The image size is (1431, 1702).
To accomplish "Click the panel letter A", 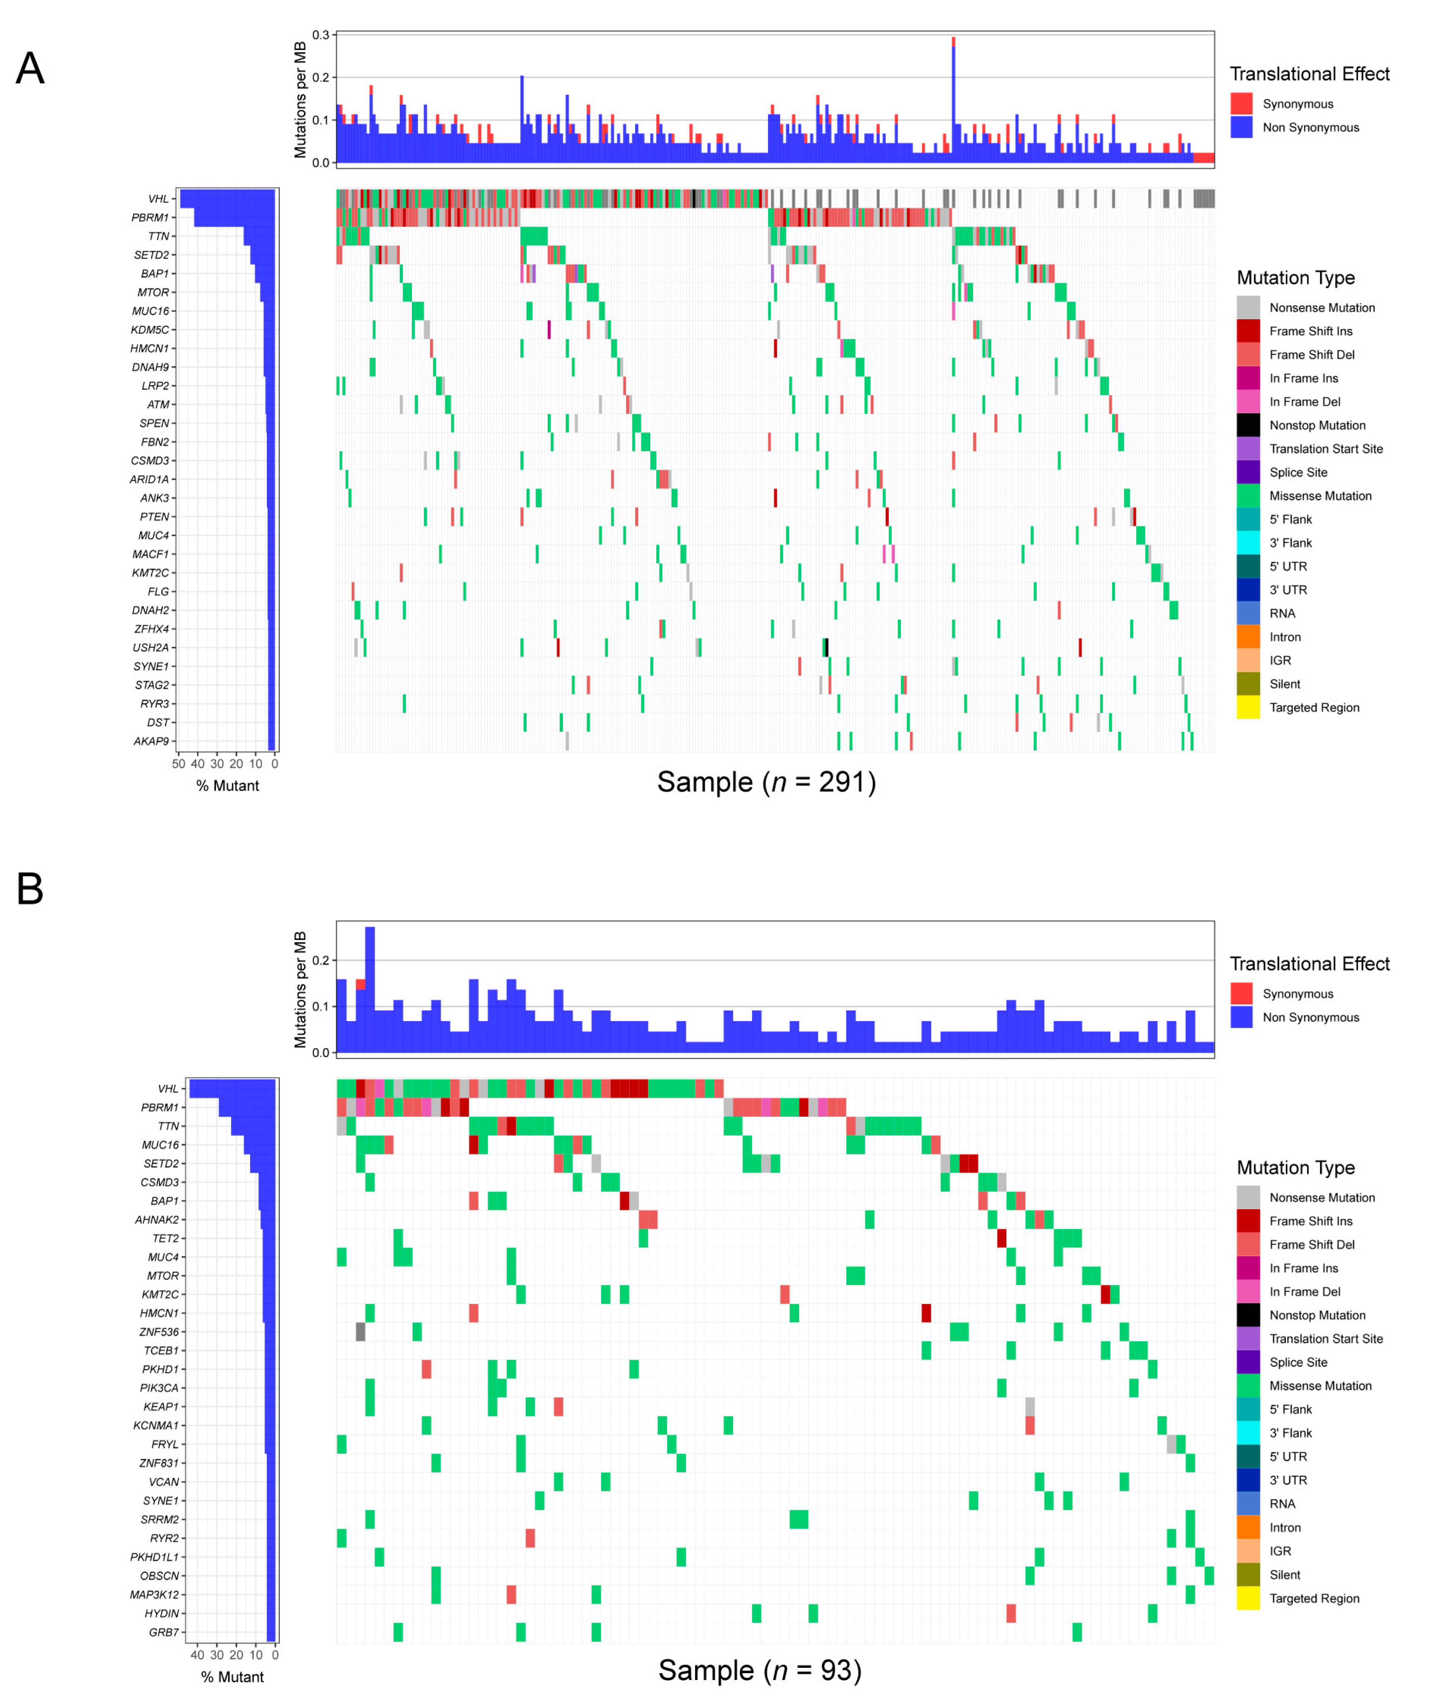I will click(x=30, y=68).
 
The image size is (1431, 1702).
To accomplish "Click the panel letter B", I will click(x=30, y=889).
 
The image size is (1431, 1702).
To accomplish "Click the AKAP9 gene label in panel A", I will click(x=152, y=741).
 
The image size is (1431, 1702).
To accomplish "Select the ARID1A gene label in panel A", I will click(x=149, y=479).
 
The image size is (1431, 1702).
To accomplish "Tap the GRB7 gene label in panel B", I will click(x=164, y=1632).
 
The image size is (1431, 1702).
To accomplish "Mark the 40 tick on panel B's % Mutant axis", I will click(x=197, y=1655).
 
